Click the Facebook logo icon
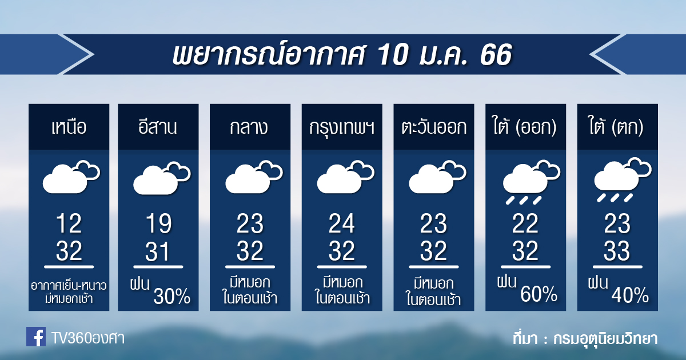[x=36, y=337]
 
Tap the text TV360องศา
[x=88, y=338]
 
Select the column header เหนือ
[x=69, y=127]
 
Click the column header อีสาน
[x=158, y=126]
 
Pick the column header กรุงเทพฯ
[x=342, y=127]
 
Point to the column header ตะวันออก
[x=434, y=127]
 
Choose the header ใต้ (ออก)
[x=525, y=126]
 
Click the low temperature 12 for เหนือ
[x=69, y=224]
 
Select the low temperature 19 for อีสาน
[x=159, y=224]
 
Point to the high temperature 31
[x=157, y=251]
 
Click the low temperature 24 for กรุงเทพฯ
[x=342, y=224]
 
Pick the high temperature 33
[x=617, y=251]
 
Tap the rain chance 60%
[x=539, y=294]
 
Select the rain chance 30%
[x=172, y=296]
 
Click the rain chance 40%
[x=630, y=295]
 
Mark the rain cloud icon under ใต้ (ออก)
[x=531, y=182]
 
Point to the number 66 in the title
[x=496, y=54]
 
